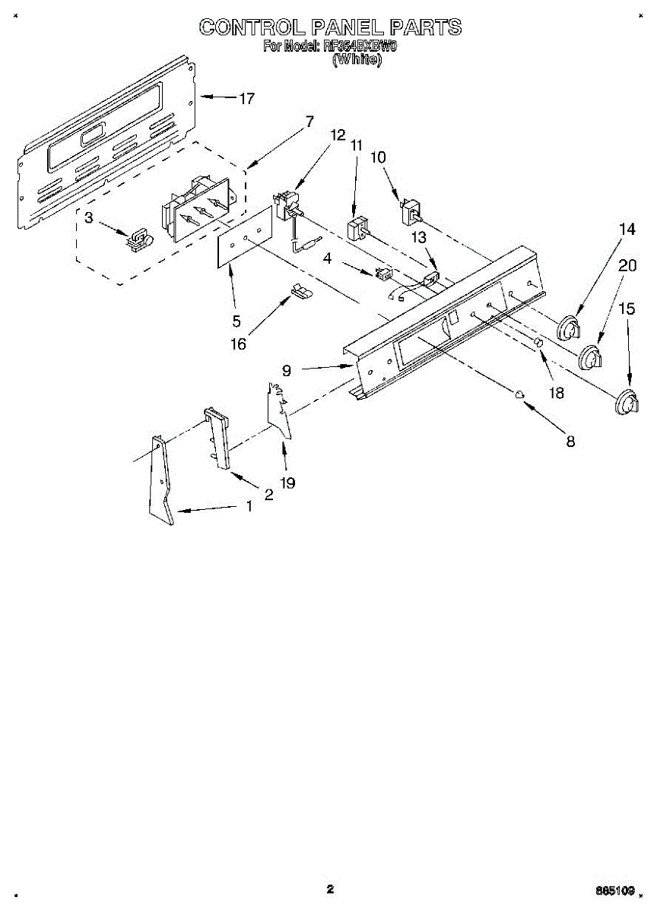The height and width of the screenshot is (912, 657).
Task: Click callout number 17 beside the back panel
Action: pyautogui.click(x=246, y=98)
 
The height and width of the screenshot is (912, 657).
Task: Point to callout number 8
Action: pyautogui.click(x=570, y=441)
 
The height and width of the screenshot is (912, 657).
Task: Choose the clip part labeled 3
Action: pyautogui.click(x=138, y=238)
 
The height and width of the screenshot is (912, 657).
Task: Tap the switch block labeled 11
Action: pyautogui.click(x=357, y=230)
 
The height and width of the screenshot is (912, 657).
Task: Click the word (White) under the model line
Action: pyautogui.click(x=357, y=59)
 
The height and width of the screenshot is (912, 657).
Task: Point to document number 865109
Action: pyautogui.click(x=615, y=890)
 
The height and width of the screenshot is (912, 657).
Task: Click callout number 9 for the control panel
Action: pyautogui.click(x=287, y=371)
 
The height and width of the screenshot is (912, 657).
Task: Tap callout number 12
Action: pyautogui.click(x=337, y=135)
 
